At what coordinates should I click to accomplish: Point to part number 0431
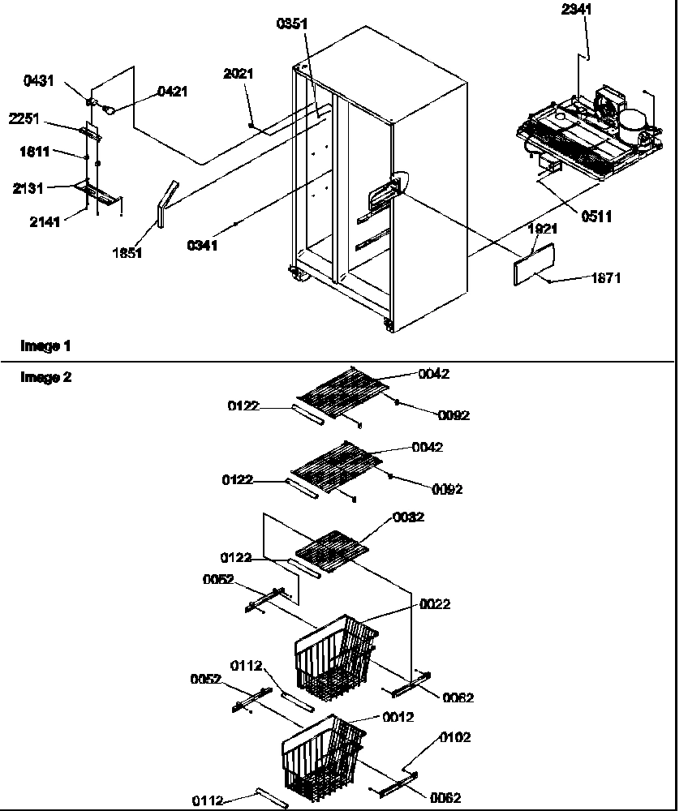click(39, 82)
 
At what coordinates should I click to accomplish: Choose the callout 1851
click(128, 253)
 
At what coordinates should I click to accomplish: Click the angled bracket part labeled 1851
click(164, 204)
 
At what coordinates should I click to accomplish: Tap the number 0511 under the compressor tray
click(596, 216)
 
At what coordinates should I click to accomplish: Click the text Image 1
click(45, 346)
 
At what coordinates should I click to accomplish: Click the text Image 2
click(45, 377)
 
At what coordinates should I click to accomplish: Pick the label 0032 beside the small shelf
click(408, 517)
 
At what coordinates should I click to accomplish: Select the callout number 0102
click(455, 737)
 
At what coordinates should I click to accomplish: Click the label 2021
click(239, 74)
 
